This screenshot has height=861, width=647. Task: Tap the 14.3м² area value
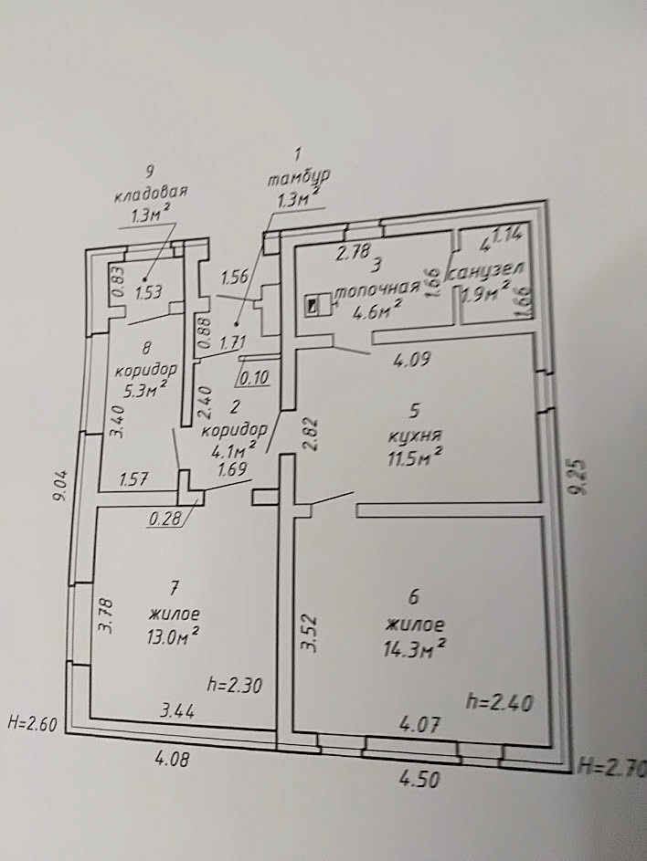click(415, 648)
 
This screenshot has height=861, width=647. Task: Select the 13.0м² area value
click(172, 636)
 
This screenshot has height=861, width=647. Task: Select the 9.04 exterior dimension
click(61, 484)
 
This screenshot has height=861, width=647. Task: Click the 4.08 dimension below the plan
click(172, 760)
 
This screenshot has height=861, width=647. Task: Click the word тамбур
click(299, 178)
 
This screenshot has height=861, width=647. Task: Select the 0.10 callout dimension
click(254, 378)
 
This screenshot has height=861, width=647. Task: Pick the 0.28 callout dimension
click(165, 518)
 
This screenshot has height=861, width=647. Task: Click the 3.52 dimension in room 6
click(310, 632)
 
